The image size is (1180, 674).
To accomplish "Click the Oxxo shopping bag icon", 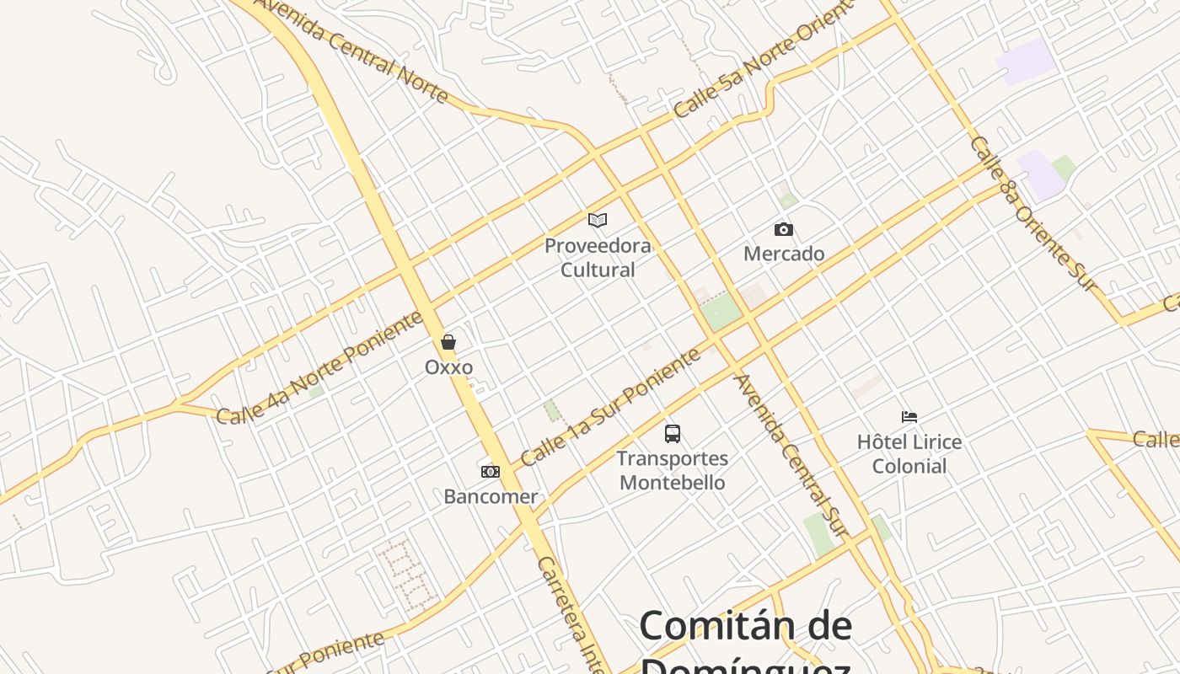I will pos(448,342).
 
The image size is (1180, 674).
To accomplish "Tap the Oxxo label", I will pos(448,367).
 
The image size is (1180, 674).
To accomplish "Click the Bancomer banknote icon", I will pos(490,472).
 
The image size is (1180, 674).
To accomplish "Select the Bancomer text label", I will pos(491,496).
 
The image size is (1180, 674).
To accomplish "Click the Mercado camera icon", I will pos(783,229).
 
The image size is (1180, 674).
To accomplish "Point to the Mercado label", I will pos(784,254).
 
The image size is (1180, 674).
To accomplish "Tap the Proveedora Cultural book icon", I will pos(598,221).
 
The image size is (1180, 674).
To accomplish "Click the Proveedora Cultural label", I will pos(598,258).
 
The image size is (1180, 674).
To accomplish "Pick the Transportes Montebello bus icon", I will pos(672,434).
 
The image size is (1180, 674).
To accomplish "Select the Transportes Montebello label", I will pos(672,470).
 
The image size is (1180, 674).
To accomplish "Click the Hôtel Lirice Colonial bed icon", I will pos(909,417).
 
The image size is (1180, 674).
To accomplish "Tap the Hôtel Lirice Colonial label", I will pos(909,453).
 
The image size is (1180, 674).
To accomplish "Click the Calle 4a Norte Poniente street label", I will pos(320,368).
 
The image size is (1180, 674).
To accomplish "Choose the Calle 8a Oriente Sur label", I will pos(1034,214).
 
